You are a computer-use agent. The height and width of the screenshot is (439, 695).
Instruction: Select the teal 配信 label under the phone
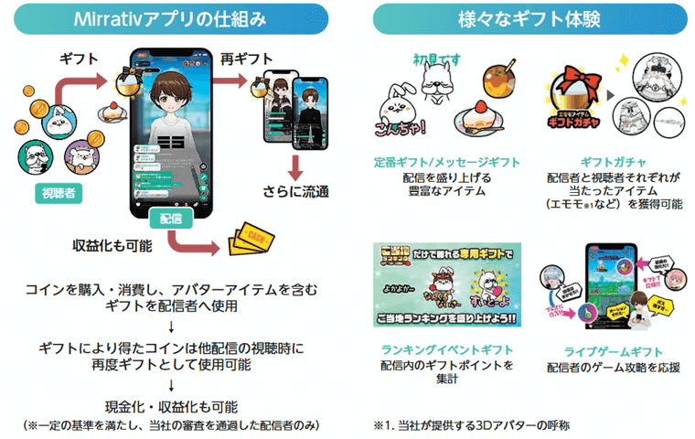(169, 220)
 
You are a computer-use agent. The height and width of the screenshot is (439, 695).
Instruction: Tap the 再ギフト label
(241, 59)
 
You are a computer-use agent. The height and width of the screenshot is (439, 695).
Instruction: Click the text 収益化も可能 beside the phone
(112, 246)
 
